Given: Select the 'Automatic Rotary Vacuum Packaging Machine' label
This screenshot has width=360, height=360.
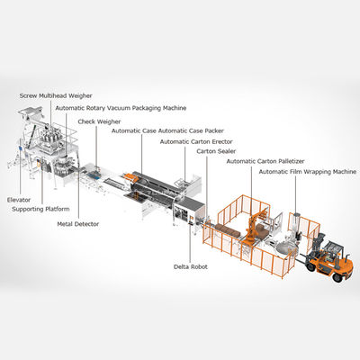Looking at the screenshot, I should [x=121, y=108].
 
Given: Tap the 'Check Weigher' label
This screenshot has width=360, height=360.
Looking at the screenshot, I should [x=99, y=121].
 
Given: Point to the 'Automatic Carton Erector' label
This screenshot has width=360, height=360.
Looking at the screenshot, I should [x=200, y=141].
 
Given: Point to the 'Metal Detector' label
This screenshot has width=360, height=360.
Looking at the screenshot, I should [x=78, y=223].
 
